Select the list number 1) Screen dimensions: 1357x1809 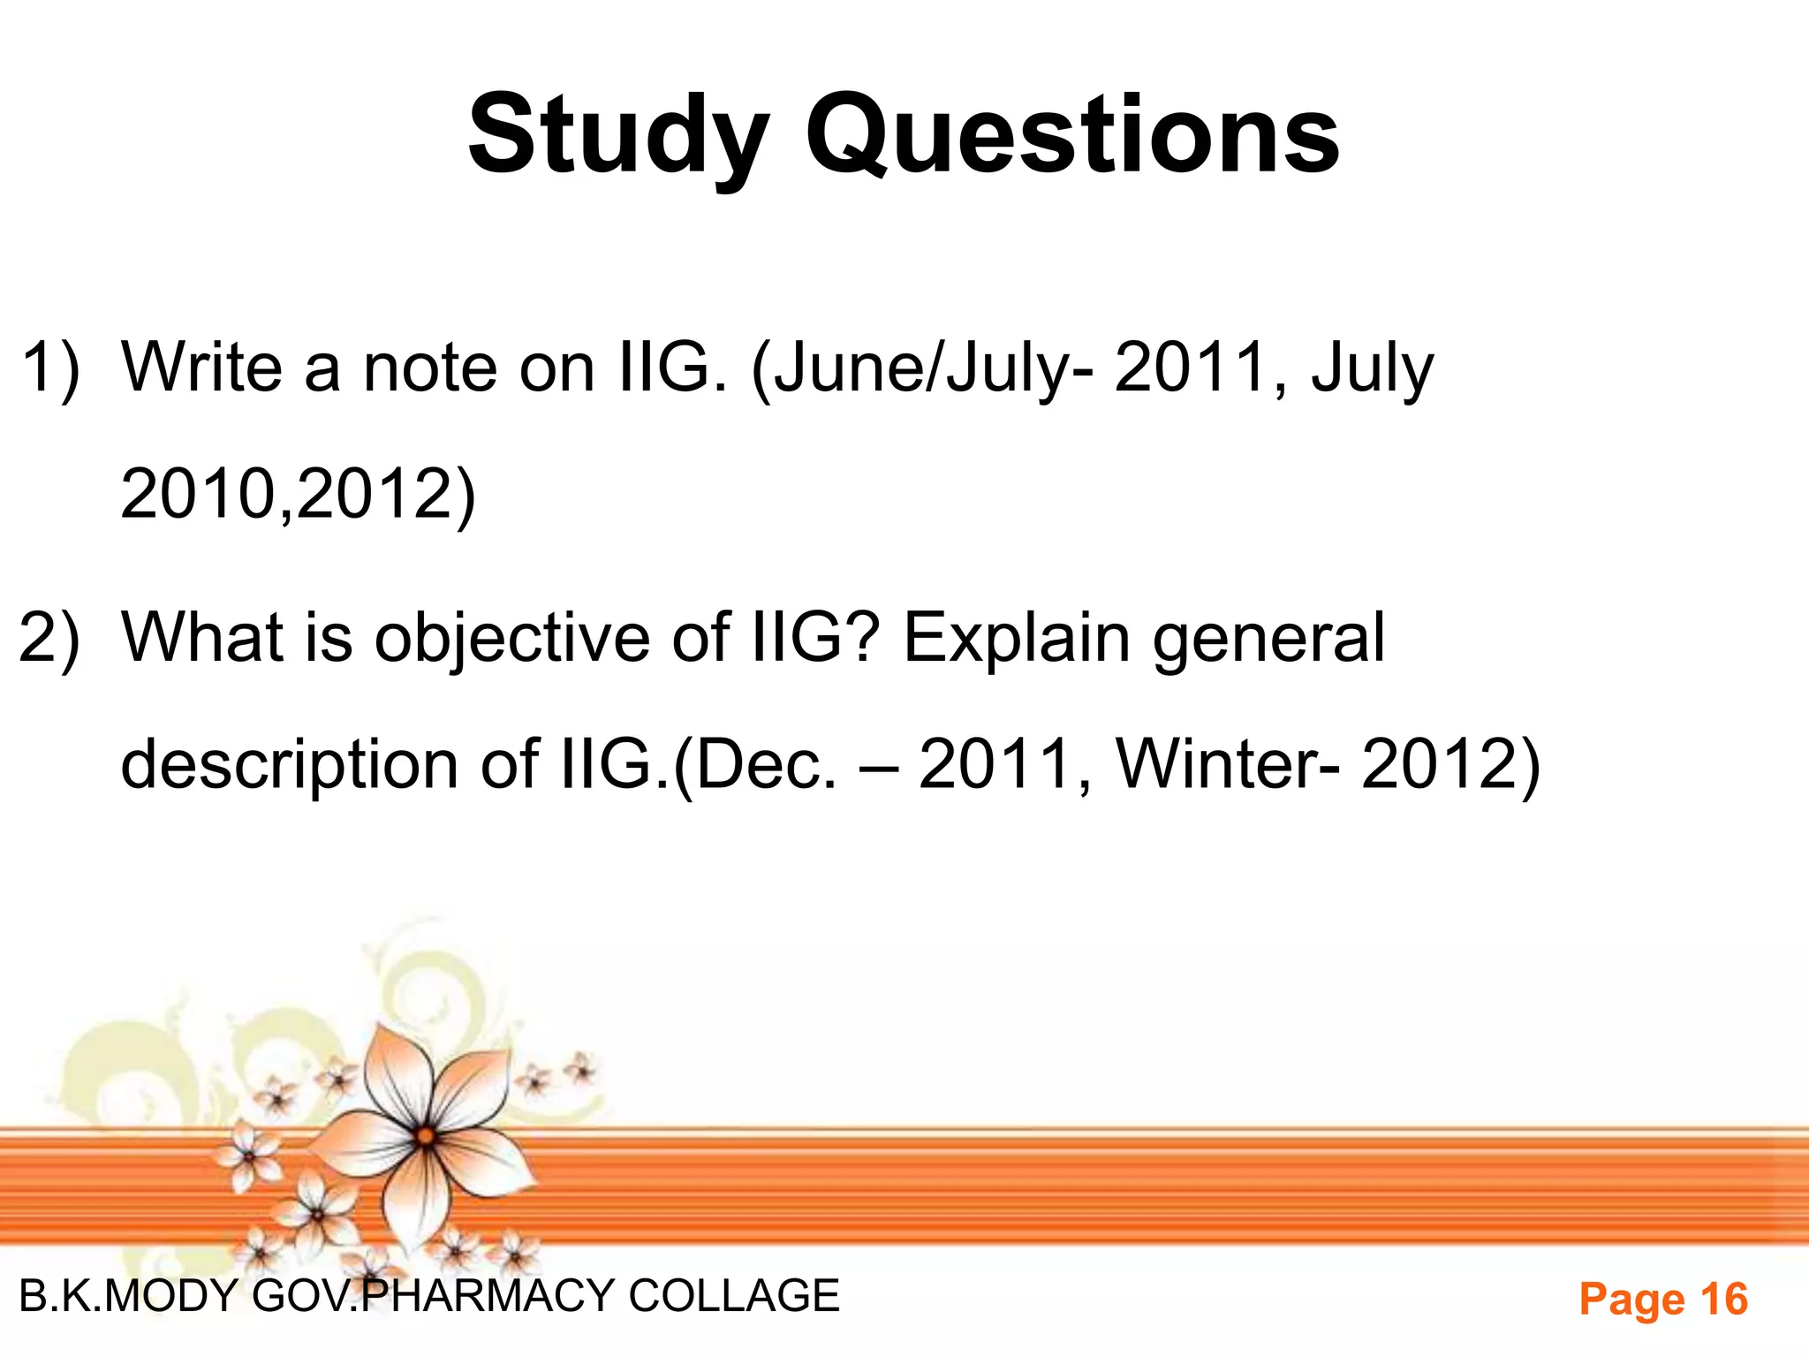coord(50,368)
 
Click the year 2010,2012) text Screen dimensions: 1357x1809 coord(298,494)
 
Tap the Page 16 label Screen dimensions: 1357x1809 coord(1663,1300)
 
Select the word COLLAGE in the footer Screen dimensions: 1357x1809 coord(734,1296)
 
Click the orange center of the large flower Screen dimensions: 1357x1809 coord(426,1136)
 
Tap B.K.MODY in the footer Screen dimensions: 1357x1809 coord(129,1296)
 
